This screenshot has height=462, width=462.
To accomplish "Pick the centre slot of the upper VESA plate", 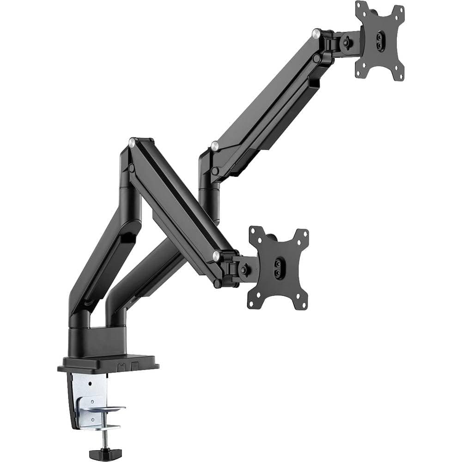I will click(380, 41).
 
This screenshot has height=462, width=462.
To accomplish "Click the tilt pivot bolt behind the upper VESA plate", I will click(346, 42).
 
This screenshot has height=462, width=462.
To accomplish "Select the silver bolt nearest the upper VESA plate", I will click(316, 33).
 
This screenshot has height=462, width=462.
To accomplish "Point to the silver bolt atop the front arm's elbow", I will click(132, 143).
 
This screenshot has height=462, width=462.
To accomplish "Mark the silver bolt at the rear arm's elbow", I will click(214, 146).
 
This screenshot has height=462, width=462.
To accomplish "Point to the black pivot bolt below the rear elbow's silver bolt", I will click(215, 171).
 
